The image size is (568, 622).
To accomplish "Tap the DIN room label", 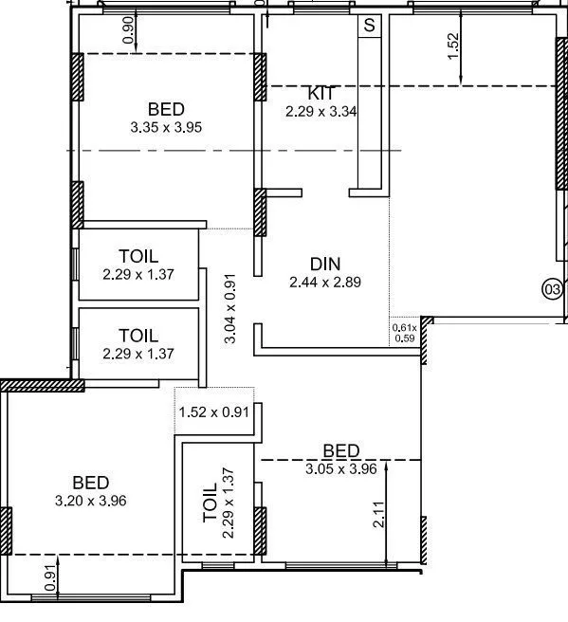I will pyautogui.click(x=325, y=264).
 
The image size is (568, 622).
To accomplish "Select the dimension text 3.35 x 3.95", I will pyautogui.click(x=166, y=126).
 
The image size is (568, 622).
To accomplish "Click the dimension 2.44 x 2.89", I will pyautogui.click(x=325, y=282).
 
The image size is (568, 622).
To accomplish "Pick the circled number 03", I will pyautogui.click(x=551, y=288).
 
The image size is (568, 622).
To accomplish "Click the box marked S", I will pyautogui.click(x=368, y=26).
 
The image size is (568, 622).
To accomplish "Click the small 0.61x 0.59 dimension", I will pyautogui.click(x=404, y=332).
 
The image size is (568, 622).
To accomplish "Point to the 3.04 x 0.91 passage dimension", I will pyautogui.click(x=230, y=308).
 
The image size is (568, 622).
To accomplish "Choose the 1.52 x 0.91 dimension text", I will pyautogui.click(x=213, y=412).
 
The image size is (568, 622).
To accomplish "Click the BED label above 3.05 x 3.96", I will pyautogui.click(x=341, y=450).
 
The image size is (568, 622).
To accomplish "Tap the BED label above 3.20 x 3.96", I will pyautogui.click(x=91, y=483).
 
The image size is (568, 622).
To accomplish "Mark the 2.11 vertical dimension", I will pyautogui.click(x=378, y=513).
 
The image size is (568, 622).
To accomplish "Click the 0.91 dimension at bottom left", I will pyautogui.click(x=49, y=576).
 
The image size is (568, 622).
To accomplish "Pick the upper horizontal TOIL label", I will pyautogui.click(x=138, y=257).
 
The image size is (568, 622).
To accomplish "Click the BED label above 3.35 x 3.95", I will pyautogui.click(x=166, y=109).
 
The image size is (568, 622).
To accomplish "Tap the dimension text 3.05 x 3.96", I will pyautogui.click(x=341, y=467).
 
